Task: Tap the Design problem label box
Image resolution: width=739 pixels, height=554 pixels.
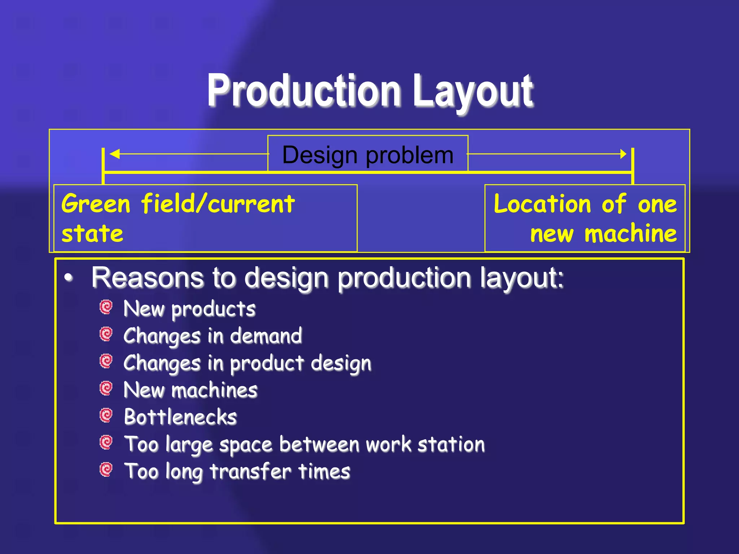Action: tap(368, 154)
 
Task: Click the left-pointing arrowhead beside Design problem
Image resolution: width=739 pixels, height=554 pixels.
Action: tap(115, 154)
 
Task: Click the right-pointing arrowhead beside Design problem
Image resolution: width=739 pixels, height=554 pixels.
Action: tap(623, 154)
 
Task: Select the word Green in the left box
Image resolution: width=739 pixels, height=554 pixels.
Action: tap(96, 204)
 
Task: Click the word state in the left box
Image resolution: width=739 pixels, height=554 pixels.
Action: tap(92, 234)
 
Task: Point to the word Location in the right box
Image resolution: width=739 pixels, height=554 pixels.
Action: tap(542, 204)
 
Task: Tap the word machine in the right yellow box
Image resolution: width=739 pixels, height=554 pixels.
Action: tap(630, 234)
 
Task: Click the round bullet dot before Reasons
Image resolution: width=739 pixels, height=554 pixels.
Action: tap(69, 278)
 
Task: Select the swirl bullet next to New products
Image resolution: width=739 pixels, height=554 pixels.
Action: tap(106, 307)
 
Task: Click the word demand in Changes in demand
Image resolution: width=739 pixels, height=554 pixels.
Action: tap(266, 336)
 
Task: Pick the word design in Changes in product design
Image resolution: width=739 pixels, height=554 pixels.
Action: tap(341, 363)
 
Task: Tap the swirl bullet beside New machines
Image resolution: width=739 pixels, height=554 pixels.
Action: tap(106, 388)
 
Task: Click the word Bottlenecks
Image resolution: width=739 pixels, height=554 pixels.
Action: tap(180, 417)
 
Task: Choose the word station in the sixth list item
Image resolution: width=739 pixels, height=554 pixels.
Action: tap(451, 444)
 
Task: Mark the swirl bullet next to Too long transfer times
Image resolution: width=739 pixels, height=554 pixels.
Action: tap(106, 470)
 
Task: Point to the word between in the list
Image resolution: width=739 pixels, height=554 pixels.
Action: tap(319, 444)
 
